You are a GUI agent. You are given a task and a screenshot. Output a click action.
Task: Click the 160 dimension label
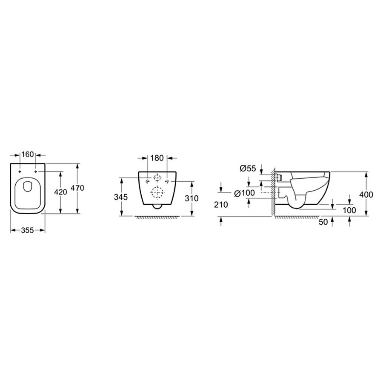28,154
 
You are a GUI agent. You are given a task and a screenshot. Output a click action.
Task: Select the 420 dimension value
60,192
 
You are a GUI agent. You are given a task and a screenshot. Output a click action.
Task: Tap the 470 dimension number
77,188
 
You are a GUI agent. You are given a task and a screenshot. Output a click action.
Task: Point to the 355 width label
27,230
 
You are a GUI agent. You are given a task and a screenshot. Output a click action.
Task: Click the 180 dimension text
157,158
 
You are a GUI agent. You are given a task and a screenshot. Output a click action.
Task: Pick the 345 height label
121,197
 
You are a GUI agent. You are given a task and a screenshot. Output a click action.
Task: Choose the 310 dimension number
191,198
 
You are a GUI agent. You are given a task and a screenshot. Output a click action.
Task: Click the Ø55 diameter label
248,168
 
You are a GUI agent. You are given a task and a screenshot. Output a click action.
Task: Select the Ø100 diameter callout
244,193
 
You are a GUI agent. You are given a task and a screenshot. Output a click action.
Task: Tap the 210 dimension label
221,205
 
